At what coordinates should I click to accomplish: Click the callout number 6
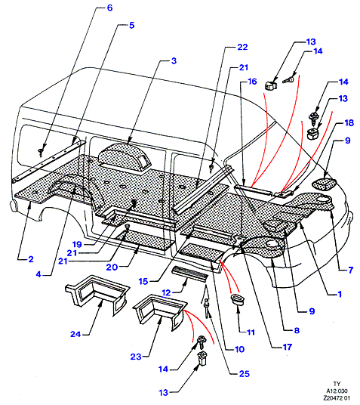pos(109,8)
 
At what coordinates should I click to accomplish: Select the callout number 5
pos(131,26)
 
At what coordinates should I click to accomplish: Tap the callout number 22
pos(242,47)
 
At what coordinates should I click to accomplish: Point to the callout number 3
pos(174,61)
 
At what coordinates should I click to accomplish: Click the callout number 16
pos(252,82)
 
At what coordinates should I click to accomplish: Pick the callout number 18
pos(349,123)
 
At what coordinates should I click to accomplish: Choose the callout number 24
pos(75,334)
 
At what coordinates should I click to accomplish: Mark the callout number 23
pos(136,357)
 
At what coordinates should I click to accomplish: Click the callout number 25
pos(244,374)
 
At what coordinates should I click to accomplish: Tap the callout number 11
pos(251,332)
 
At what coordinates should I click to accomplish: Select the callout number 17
pos(288,347)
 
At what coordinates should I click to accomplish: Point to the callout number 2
pos(31,259)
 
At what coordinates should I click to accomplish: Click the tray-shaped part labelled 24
pos(97,294)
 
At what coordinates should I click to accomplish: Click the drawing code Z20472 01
pos(337,398)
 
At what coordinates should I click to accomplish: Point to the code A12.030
pos(337,391)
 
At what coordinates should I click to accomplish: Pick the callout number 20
pos(112,267)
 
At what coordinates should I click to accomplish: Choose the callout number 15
pos(143,281)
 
